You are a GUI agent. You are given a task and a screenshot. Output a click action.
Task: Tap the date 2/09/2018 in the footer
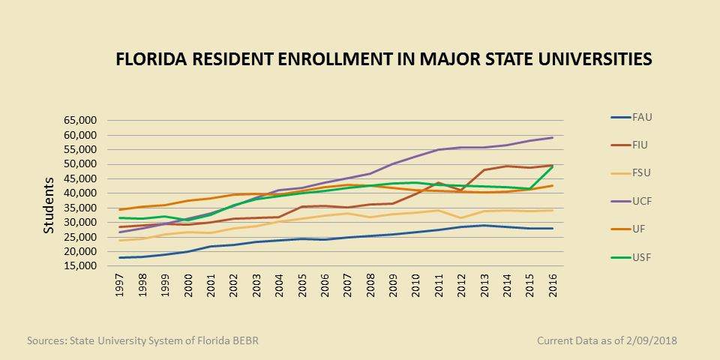[649, 341]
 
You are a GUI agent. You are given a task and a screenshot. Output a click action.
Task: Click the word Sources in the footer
[46, 341]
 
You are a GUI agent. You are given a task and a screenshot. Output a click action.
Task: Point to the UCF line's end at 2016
[553, 137]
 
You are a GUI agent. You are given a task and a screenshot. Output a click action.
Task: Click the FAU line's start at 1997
[120, 258]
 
